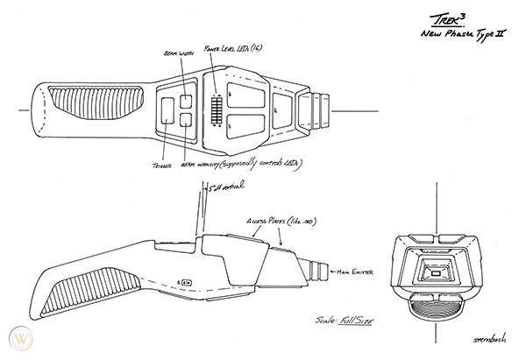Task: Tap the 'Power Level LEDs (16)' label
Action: (x=232, y=49)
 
